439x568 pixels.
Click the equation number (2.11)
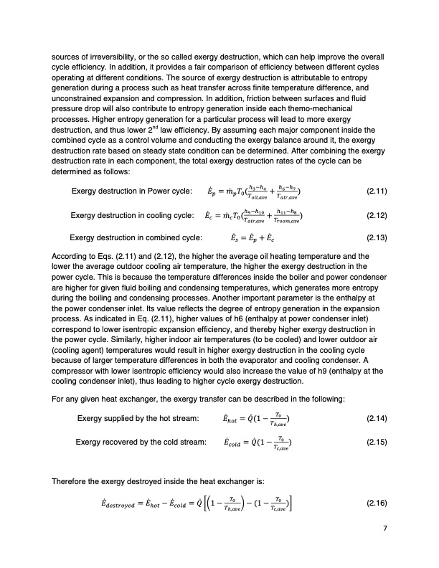point(377,191)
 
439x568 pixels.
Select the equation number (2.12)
point(377,215)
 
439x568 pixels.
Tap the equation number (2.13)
point(377,237)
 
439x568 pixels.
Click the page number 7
point(385,530)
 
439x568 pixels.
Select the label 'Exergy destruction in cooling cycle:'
point(133,215)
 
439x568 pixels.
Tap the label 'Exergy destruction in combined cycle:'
point(135,237)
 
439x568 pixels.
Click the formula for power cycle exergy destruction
point(263,191)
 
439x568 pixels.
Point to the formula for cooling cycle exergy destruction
point(263,215)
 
